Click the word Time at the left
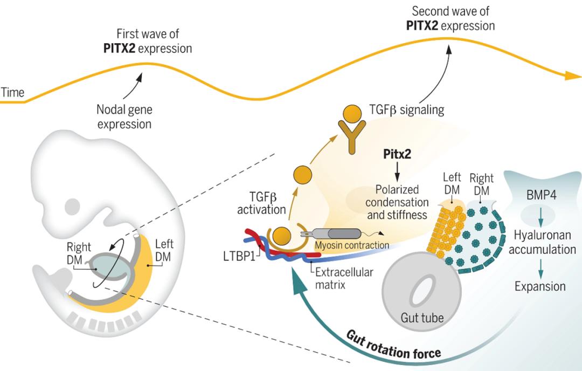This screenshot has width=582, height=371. (x=12, y=92)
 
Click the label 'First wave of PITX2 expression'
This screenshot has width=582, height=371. (x=147, y=41)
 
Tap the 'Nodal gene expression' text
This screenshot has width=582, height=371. (x=124, y=116)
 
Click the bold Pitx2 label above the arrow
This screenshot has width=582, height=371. (x=397, y=153)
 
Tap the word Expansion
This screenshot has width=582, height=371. (x=540, y=286)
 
